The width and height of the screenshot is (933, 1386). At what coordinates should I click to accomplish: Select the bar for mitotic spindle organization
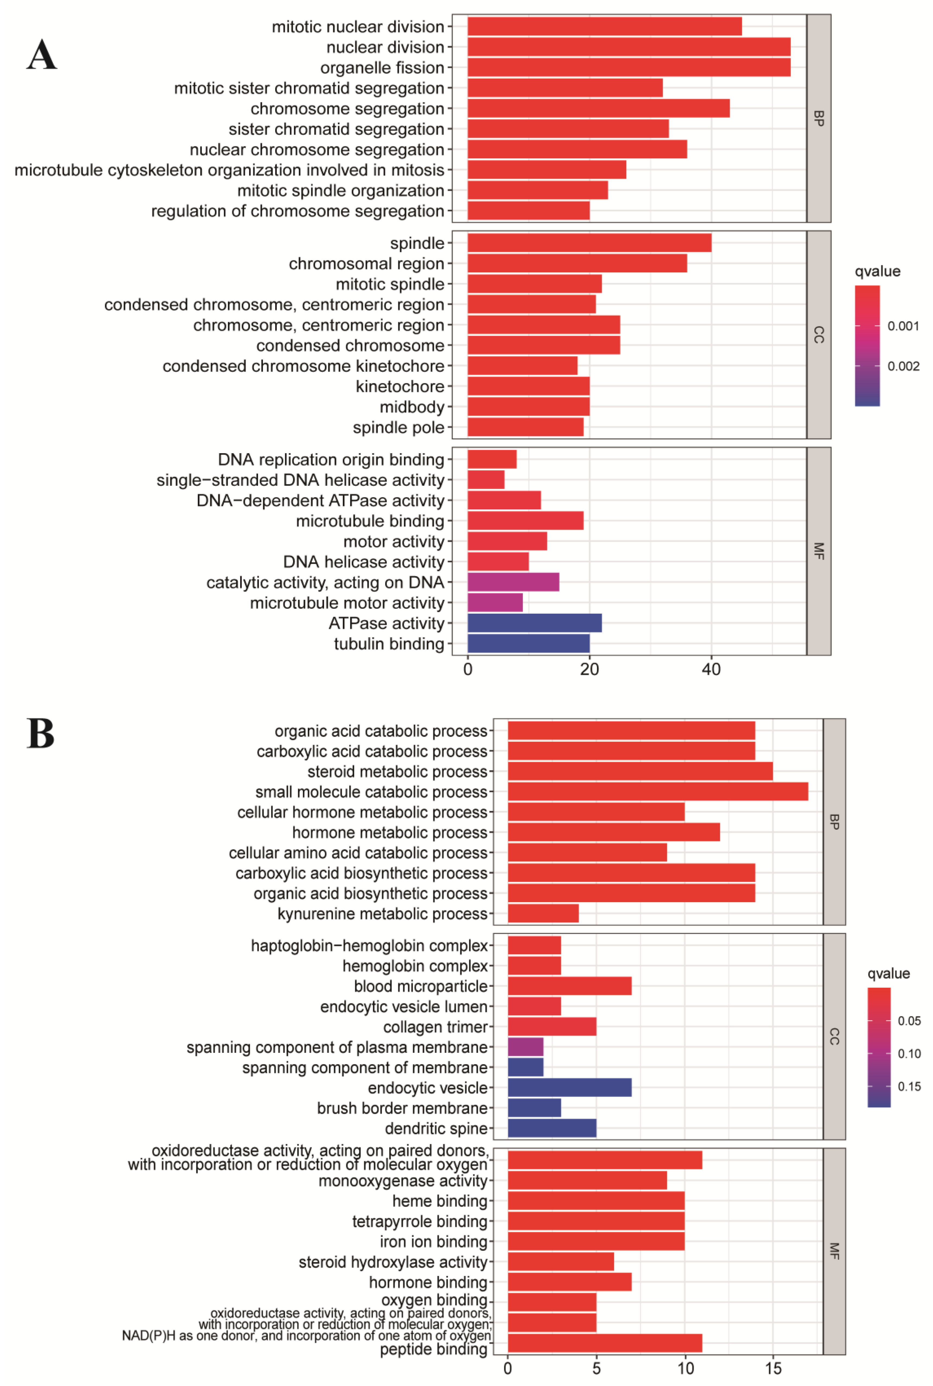pos(537,191)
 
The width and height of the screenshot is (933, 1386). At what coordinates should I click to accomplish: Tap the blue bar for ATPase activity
pos(534,623)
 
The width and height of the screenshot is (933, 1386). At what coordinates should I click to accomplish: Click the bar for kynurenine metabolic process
pos(543,914)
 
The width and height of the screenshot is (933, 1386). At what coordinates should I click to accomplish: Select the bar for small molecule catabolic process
pos(658,791)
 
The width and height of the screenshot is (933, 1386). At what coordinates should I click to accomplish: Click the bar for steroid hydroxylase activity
pos(560,1262)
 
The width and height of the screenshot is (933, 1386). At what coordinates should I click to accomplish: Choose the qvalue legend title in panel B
pos(888,973)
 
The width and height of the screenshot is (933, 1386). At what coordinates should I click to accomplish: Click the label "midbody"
pos(412,407)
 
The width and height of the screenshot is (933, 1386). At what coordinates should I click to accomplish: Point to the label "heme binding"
pos(440,1201)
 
